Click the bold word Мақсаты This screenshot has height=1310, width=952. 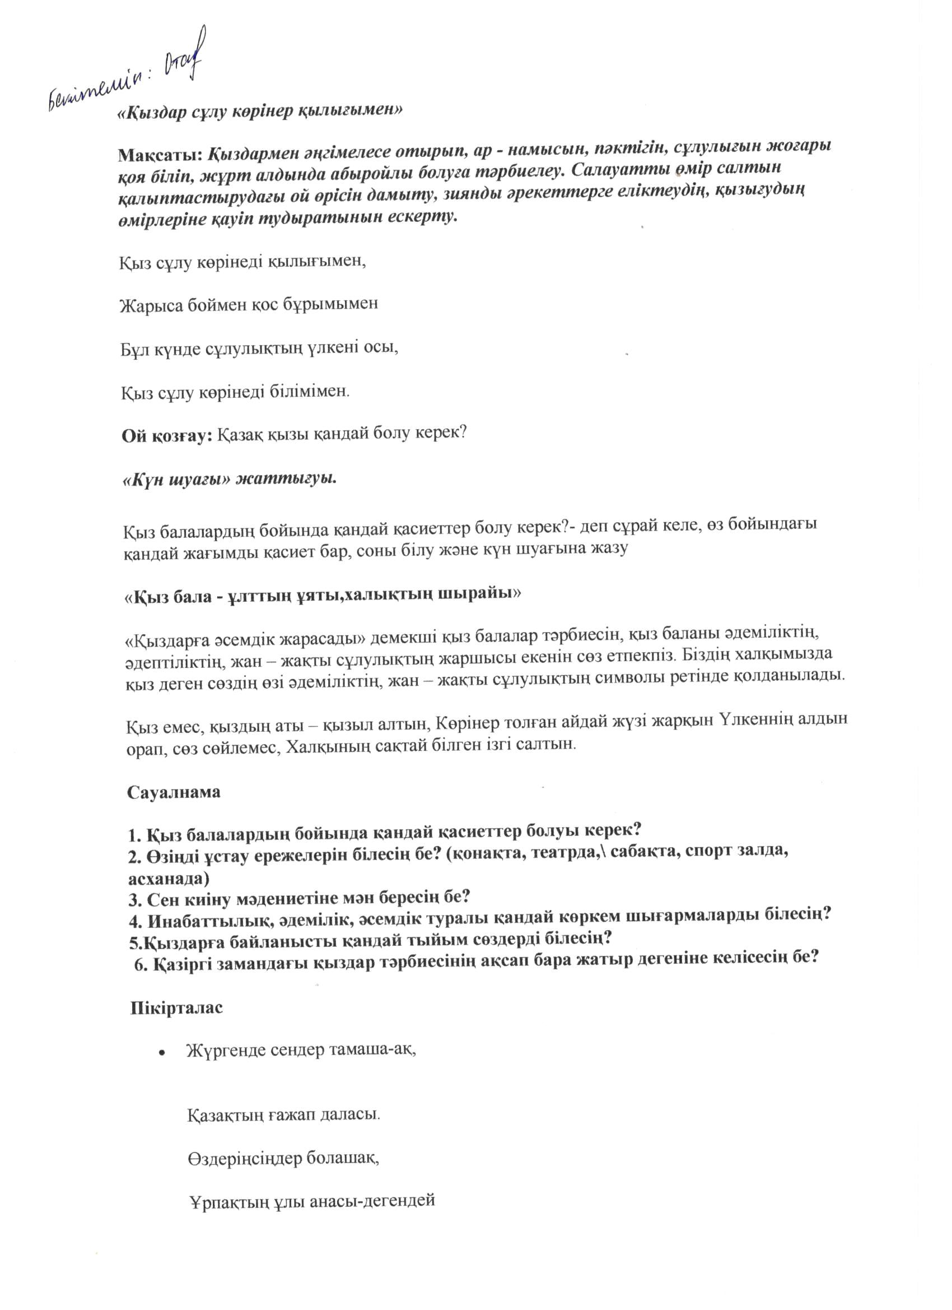click(160, 155)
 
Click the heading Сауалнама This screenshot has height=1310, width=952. click(174, 792)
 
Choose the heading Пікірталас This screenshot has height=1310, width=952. click(176, 1008)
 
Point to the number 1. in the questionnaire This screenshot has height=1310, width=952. click(134, 836)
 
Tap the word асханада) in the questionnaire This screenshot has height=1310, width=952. click(169, 879)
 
